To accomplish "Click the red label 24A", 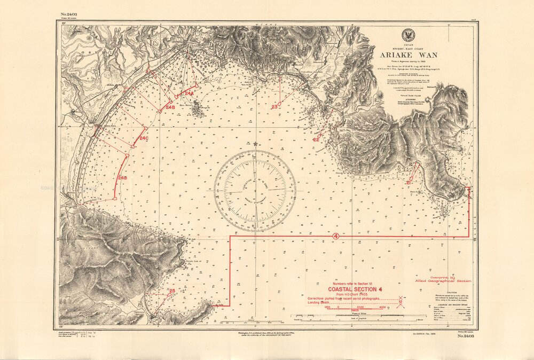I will click(x=189, y=93).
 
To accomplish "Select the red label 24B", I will click(x=170, y=107).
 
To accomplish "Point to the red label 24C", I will click(x=144, y=138).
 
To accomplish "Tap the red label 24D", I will click(x=122, y=177).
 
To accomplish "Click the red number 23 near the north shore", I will click(x=274, y=107).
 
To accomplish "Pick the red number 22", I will click(x=316, y=139).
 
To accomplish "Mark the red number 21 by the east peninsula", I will click(x=409, y=183).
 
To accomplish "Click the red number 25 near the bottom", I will click(x=171, y=291).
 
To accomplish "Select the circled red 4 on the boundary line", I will click(x=335, y=236).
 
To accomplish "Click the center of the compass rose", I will click(x=255, y=191).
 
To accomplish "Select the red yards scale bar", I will click(x=354, y=310).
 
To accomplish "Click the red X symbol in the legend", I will click(x=400, y=298).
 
